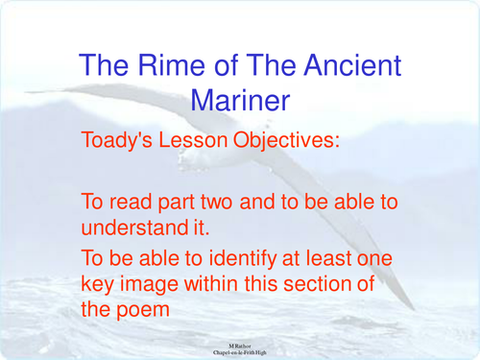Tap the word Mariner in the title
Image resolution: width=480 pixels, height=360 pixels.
tap(240, 99)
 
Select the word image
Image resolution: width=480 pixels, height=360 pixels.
tap(153, 285)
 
